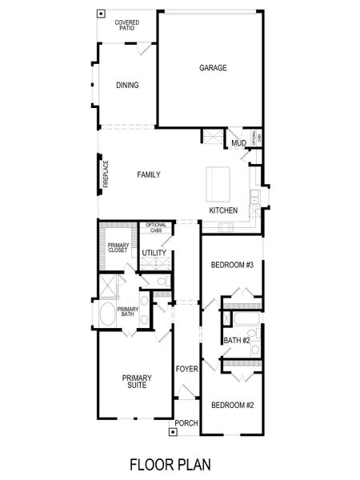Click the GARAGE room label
pyautogui.click(x=213, y=69)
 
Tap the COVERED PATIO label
pyautogui.click(x=126, y=25)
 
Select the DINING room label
pyautogui.click(x=126, y=86)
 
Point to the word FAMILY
pyautogui.click(x=149, y=174)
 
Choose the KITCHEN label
pyautogui.click(x=223, y=210)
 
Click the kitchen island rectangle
pyautogui.click(x=221, y=183)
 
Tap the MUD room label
pyautogui.click(x=238, y=144)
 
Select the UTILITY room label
pyautogui.click(x=154, y=254)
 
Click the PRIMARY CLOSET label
pyautogui.click(x=118, y=248)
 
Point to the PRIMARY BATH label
pyautogui.click(x=127, y=312)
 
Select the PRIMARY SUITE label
pyautogui.click(x=133, y=382)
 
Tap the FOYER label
pyautogui.click(x=186, y=369)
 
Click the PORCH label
pyautogui.click(x=186, y=422)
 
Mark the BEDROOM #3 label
pyautogui.click(x=232, y=265)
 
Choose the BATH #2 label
pyautogui.click(x=238, y=341)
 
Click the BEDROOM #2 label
pyautogui.click(x=232, y=406)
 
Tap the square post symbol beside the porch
pyautogui.click(x=174, y=432)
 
